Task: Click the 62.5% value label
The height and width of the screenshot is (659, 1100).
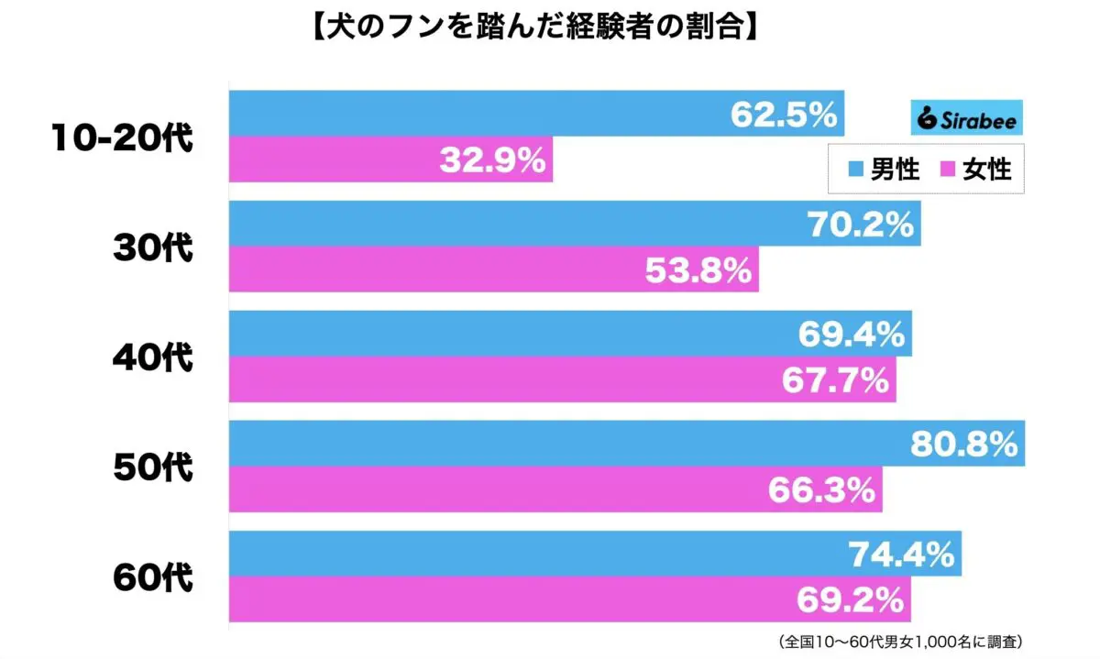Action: click(x=785, y=115)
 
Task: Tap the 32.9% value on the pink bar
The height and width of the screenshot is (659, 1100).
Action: click(x=493, y=161)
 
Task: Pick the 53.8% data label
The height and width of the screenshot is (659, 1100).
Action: click(x=699, y=270)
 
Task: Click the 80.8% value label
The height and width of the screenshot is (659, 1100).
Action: click(x=964, y=445)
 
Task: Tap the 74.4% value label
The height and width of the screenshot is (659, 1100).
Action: click(x=901, y=555)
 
